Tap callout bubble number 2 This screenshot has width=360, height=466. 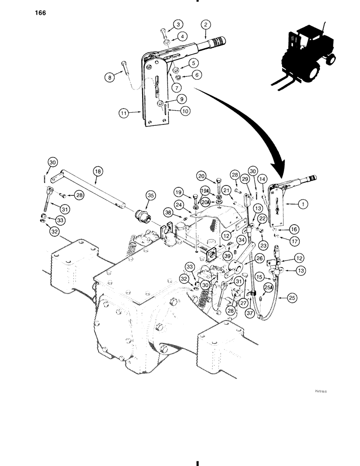206,25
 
